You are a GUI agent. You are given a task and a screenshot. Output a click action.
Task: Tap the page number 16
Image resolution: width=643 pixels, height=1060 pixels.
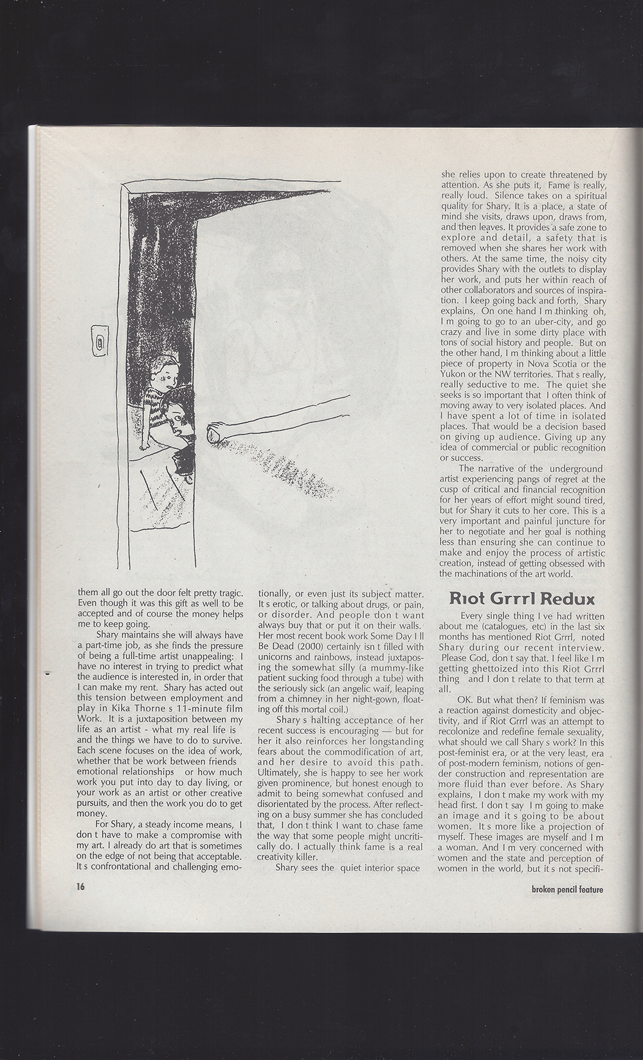coord(80,886)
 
